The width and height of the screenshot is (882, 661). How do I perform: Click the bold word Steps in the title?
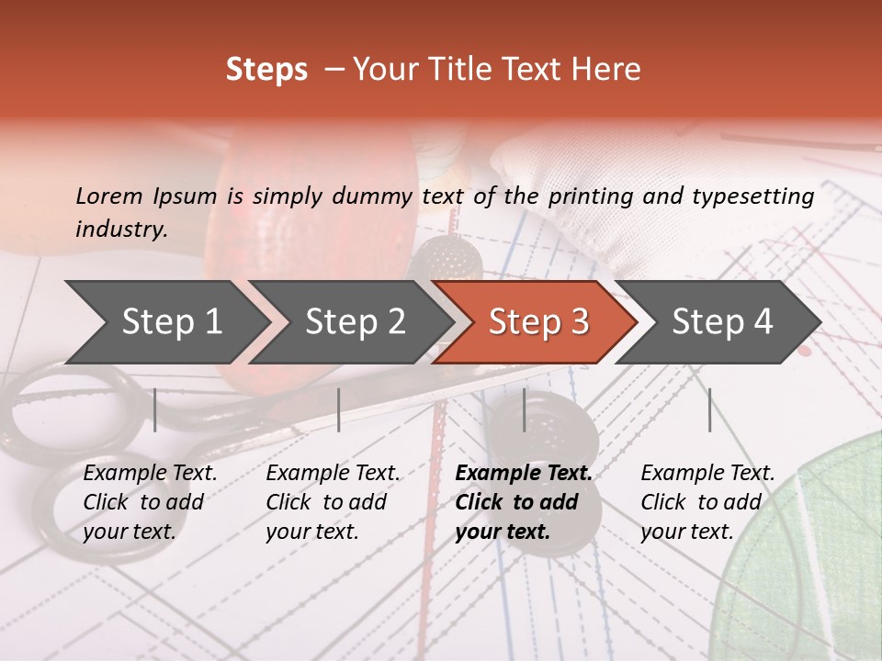pos(266,70)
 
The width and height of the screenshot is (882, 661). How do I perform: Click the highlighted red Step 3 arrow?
pos(538,322)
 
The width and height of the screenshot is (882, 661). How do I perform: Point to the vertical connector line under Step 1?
pos(155,409)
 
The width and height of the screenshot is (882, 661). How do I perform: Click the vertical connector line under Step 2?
pos(339,409)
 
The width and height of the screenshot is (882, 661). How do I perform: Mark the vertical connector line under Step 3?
pos(525,409)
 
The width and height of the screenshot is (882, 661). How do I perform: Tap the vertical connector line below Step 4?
pos(710,409)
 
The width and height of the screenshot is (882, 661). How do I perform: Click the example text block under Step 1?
pos(150,502)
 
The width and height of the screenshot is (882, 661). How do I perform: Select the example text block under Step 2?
pos(333,502)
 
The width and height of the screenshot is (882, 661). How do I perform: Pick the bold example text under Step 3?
pos(524,502)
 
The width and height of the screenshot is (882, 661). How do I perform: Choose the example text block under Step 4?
pos(707,502)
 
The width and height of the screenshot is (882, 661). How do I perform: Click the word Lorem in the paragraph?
pos(109,196)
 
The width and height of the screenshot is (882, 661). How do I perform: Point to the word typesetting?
pos(752,196)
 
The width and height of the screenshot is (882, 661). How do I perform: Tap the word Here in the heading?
pos(606,70)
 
